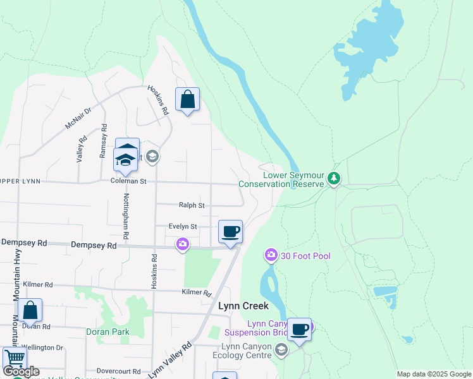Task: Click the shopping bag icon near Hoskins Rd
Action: point(187,100)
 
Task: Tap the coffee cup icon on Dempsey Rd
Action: point(230,232)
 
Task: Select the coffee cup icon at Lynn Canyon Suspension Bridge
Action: point(299,330)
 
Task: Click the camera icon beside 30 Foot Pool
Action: point(271,255)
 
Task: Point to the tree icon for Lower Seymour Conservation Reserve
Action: point(335,180)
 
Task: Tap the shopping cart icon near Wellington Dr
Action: point(15,359)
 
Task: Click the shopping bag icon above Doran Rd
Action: point(30,310)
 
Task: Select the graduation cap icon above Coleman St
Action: point(126,160)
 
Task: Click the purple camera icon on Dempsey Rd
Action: point(183,244)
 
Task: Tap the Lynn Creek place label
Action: point(243,306)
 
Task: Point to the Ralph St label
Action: point(192,205)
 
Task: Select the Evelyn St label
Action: point(183,226)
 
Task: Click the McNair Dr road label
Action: point(78,118)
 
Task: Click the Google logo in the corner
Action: point(21,371)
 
